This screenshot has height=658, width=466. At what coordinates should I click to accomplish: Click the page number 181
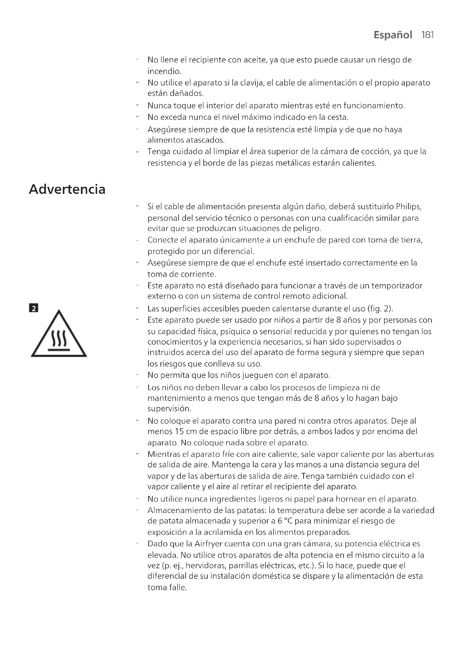[428, 35]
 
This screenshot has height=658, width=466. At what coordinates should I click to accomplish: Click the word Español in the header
[392, 35]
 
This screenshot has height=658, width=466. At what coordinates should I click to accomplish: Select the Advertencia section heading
[67, 189]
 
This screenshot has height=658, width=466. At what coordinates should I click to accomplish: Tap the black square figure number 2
[34, 308]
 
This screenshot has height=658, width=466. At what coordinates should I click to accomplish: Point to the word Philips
[408, 207]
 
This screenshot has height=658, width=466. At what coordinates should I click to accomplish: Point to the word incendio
[164, 71]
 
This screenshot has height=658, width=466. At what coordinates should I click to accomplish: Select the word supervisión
[169, 408]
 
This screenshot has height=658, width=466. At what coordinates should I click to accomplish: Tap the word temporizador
[397, 286]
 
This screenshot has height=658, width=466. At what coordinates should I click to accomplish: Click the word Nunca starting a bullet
[159, 106]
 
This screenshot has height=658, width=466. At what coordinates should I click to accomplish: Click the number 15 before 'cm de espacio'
[179, 431]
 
